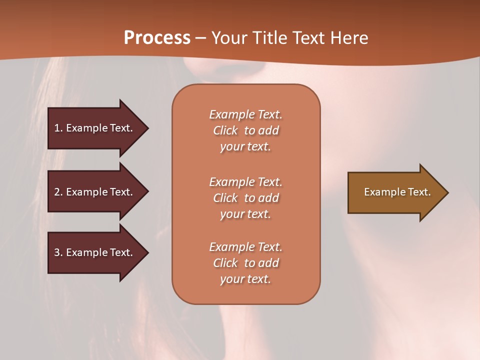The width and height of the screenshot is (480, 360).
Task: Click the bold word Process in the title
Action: (x=157, y=38)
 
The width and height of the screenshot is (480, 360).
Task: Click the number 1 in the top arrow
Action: (x=56, y=128)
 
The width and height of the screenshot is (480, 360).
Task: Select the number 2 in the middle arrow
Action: (x=57, y=192)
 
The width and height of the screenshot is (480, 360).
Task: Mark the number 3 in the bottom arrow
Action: (x=57, y=252)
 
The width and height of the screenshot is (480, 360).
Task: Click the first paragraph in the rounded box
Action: (x=245, y=130)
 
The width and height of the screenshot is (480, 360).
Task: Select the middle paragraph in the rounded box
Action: (x=245, y=198)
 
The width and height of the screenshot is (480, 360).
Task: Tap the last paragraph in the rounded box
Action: (x=245, y=263)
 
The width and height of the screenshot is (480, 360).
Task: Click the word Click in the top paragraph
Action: (x=225, y=130)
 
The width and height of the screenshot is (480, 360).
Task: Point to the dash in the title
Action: (x=200, y=38)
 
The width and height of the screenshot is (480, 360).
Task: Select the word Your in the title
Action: (x=229, y=38)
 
